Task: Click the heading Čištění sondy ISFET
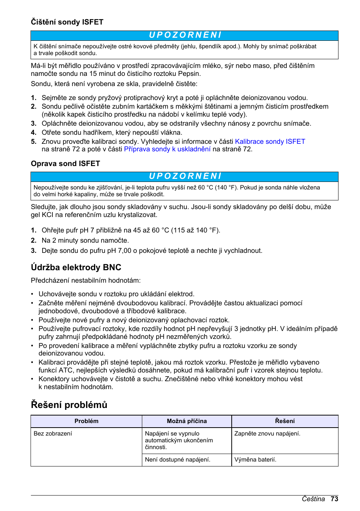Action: (x=67, y=22)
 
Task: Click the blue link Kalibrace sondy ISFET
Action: (x=270, y=142)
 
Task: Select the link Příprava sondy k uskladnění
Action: (x=167, y=149)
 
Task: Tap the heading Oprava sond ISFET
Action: (x=65, y=163)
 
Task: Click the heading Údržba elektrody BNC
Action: (x=76, y=267)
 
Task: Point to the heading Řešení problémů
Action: (x=69, y=405)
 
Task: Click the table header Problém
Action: (x=86, y=421)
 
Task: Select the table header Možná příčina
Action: (x=187, y=421)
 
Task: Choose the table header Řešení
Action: (x=285, y=421)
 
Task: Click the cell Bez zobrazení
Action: (x=53, y=434)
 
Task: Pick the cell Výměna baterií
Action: (x=255, y=460)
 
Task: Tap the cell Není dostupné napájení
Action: (x=178, y=460)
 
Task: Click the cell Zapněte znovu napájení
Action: (x=267, y=434)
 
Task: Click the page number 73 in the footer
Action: (x=334, y=499)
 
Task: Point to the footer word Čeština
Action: (x=313, y=499)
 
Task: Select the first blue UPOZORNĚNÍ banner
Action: (x=185, y=35)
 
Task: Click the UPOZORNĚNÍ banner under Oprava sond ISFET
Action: (x=185, y=177)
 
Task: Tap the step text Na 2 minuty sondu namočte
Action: (x=85, y=240)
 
